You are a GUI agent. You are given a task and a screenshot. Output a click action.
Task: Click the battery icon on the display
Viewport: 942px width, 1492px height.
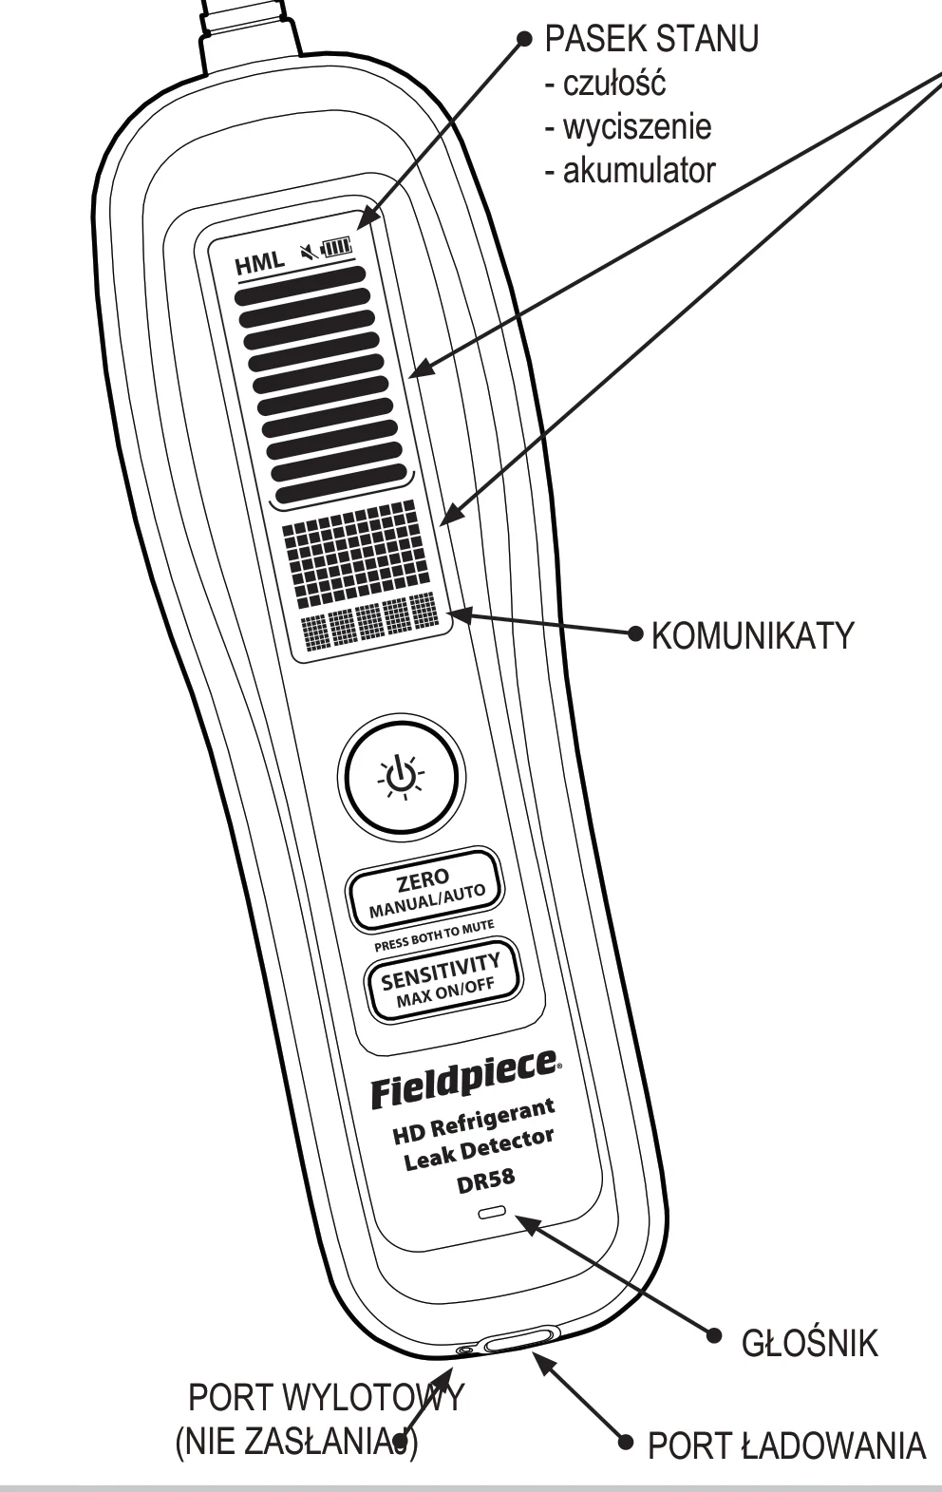coord(337,249)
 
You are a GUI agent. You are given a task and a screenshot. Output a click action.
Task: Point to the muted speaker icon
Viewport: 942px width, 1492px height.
coord(309,254)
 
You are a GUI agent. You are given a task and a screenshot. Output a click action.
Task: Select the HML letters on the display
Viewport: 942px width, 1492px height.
coord(259,263)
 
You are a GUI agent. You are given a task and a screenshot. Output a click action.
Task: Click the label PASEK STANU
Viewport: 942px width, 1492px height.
coord(651,39)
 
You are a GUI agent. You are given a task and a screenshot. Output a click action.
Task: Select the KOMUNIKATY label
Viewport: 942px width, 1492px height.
coord(752,635)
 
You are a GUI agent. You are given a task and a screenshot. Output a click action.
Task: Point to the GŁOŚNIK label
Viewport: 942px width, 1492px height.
coord(809,1341)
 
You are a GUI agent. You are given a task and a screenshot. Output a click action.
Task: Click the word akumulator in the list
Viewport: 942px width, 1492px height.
coord(639,171)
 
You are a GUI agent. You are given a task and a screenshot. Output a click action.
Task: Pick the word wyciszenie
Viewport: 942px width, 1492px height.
coord(637,126)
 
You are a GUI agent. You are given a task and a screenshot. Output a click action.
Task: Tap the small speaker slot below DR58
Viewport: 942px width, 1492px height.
coord(492,1212)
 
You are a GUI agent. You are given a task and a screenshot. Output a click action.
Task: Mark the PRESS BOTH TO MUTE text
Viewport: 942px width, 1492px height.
coord(434,935)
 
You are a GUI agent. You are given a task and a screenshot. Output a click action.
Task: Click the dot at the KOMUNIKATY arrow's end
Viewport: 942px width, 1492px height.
coord(636,633)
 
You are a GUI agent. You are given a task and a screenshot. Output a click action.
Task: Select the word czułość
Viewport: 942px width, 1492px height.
coord(613,84)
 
